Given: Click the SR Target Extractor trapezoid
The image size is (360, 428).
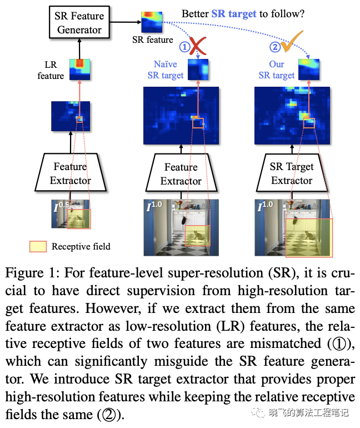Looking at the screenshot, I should click(292, 173).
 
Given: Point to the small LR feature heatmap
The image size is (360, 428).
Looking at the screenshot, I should click(79, 69).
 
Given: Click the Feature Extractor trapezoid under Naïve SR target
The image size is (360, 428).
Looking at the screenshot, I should click(181, 173).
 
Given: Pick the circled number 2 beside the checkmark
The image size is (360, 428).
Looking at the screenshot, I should click(276, 47).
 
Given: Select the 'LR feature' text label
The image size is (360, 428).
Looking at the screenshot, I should click(51, 70).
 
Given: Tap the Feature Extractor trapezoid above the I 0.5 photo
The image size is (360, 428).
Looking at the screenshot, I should click(70, 173).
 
